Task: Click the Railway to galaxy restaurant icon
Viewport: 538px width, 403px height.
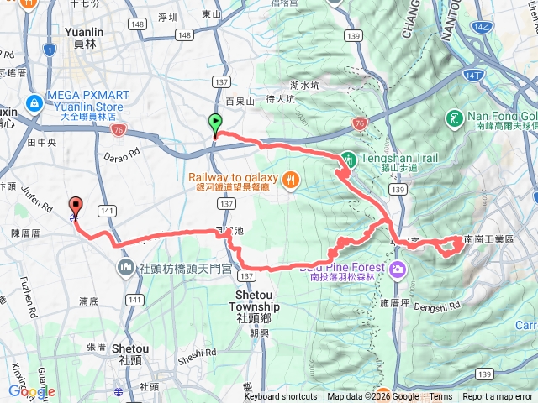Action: [x=290, y=178]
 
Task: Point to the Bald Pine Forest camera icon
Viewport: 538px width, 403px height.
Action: [x=396, y=270]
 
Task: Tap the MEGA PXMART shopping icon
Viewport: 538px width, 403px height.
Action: [x=34, y=103]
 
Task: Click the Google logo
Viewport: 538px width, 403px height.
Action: [x=31, y=391]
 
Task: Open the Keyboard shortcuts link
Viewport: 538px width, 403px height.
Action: [x=281, y=397]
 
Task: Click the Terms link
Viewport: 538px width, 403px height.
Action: [x=440, y=397]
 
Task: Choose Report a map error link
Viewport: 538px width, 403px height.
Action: [x=498, y=397]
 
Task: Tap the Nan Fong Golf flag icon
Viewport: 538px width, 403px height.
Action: [x=455, y=118]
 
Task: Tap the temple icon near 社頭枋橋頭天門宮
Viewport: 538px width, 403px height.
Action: [x=126, y=269]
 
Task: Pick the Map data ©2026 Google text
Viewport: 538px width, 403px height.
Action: [x=372, y=397]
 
